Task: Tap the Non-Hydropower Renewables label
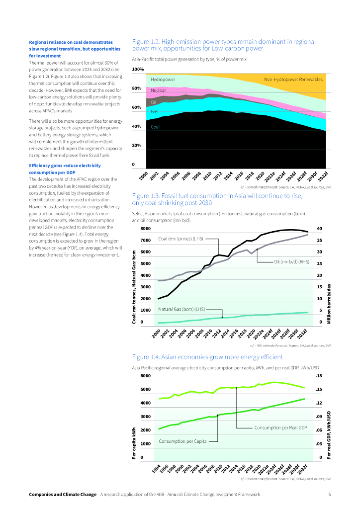[293, 80]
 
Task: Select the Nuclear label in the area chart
[159, 91]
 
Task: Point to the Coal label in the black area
[155, 127]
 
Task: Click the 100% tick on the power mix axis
[138, 69]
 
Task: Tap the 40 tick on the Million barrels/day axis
[320, 229]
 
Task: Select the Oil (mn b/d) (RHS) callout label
[291, 261]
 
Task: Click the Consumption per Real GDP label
[280, 427]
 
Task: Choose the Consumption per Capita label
[182, 441]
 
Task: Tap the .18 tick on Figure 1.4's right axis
[319, 376]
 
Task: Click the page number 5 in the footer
[329, 495]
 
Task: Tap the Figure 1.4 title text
[207, 357]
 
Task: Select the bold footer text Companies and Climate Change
[62, 495]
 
